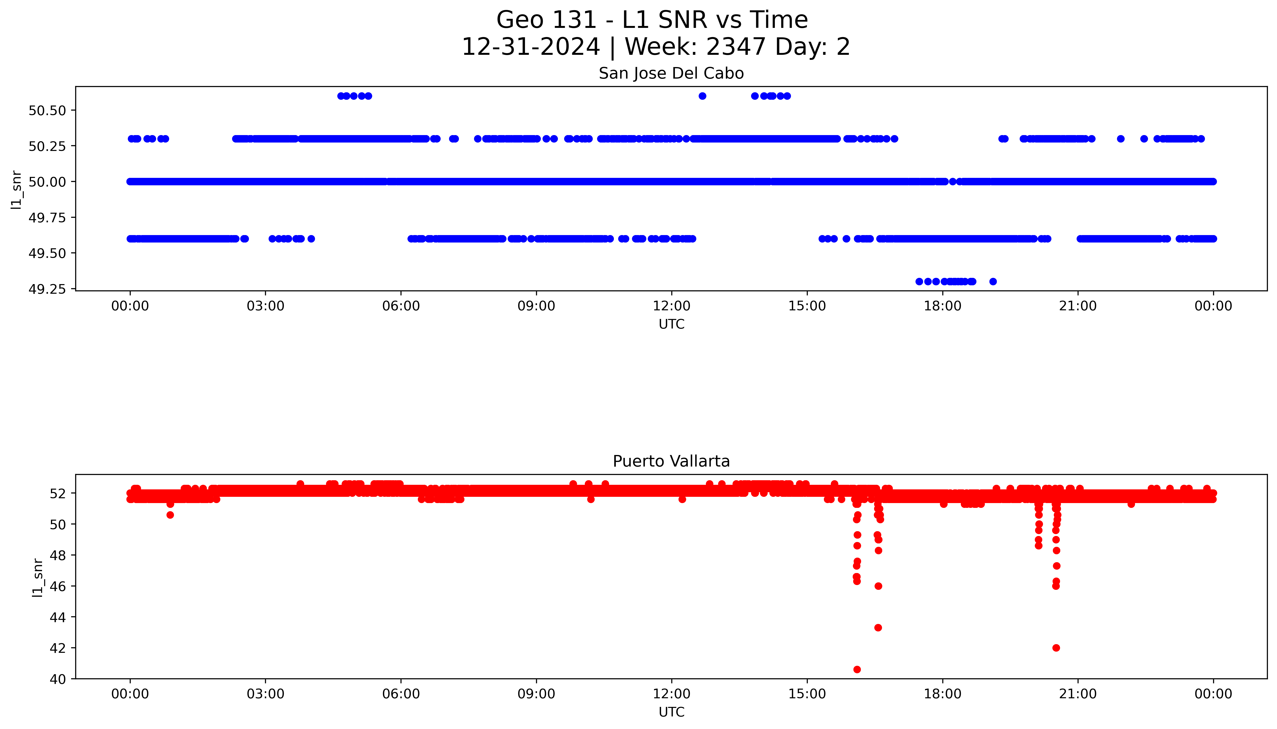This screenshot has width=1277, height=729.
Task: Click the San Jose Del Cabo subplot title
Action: coord(671,74)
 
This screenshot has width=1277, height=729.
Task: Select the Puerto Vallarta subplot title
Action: coord(671,461)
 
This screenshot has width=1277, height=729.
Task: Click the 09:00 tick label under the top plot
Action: coord(536,306)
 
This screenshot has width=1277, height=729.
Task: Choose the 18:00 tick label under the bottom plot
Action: coord(942,694)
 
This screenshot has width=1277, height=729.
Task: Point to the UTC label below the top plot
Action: coord(671,324)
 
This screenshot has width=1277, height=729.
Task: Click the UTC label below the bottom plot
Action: coord(671,712)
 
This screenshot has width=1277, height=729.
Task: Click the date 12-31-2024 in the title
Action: coord(531,47)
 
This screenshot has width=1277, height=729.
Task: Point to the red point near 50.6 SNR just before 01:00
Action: coord(170,515)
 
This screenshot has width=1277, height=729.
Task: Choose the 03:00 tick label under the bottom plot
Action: coord(265,694)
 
